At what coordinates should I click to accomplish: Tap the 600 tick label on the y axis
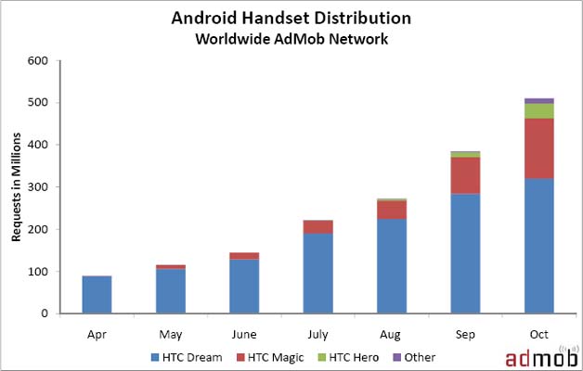[39, 61]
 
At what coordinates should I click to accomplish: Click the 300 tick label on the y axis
[39, 187]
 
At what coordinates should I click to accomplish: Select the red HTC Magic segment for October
[538, 147]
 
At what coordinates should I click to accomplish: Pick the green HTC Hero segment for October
[538, 110]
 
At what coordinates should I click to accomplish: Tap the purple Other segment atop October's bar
[538, 100]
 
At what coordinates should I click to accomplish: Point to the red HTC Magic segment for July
[317, 226]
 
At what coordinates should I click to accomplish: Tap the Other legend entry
[413, 356]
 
